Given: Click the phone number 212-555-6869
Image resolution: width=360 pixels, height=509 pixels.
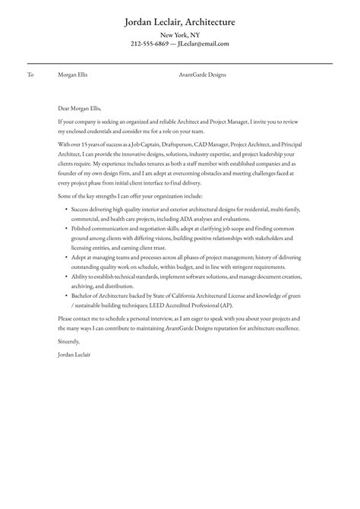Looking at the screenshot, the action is [x=150, y=43].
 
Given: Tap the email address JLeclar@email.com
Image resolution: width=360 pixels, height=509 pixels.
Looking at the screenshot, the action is [x=203, y=43].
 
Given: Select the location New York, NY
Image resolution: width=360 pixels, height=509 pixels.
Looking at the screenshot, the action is [x=179, y=35].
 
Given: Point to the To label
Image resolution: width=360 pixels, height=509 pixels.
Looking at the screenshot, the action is [x=30, y=75].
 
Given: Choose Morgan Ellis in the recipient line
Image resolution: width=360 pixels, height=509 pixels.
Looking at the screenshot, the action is [x=71, y=75].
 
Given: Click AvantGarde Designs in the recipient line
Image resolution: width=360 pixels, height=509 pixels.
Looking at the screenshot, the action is [x=202, y=75].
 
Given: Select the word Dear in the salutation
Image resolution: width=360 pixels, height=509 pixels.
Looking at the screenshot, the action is [x=65, y=108].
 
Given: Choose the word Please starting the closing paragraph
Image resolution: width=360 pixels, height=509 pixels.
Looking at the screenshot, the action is [x=66, y=318].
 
